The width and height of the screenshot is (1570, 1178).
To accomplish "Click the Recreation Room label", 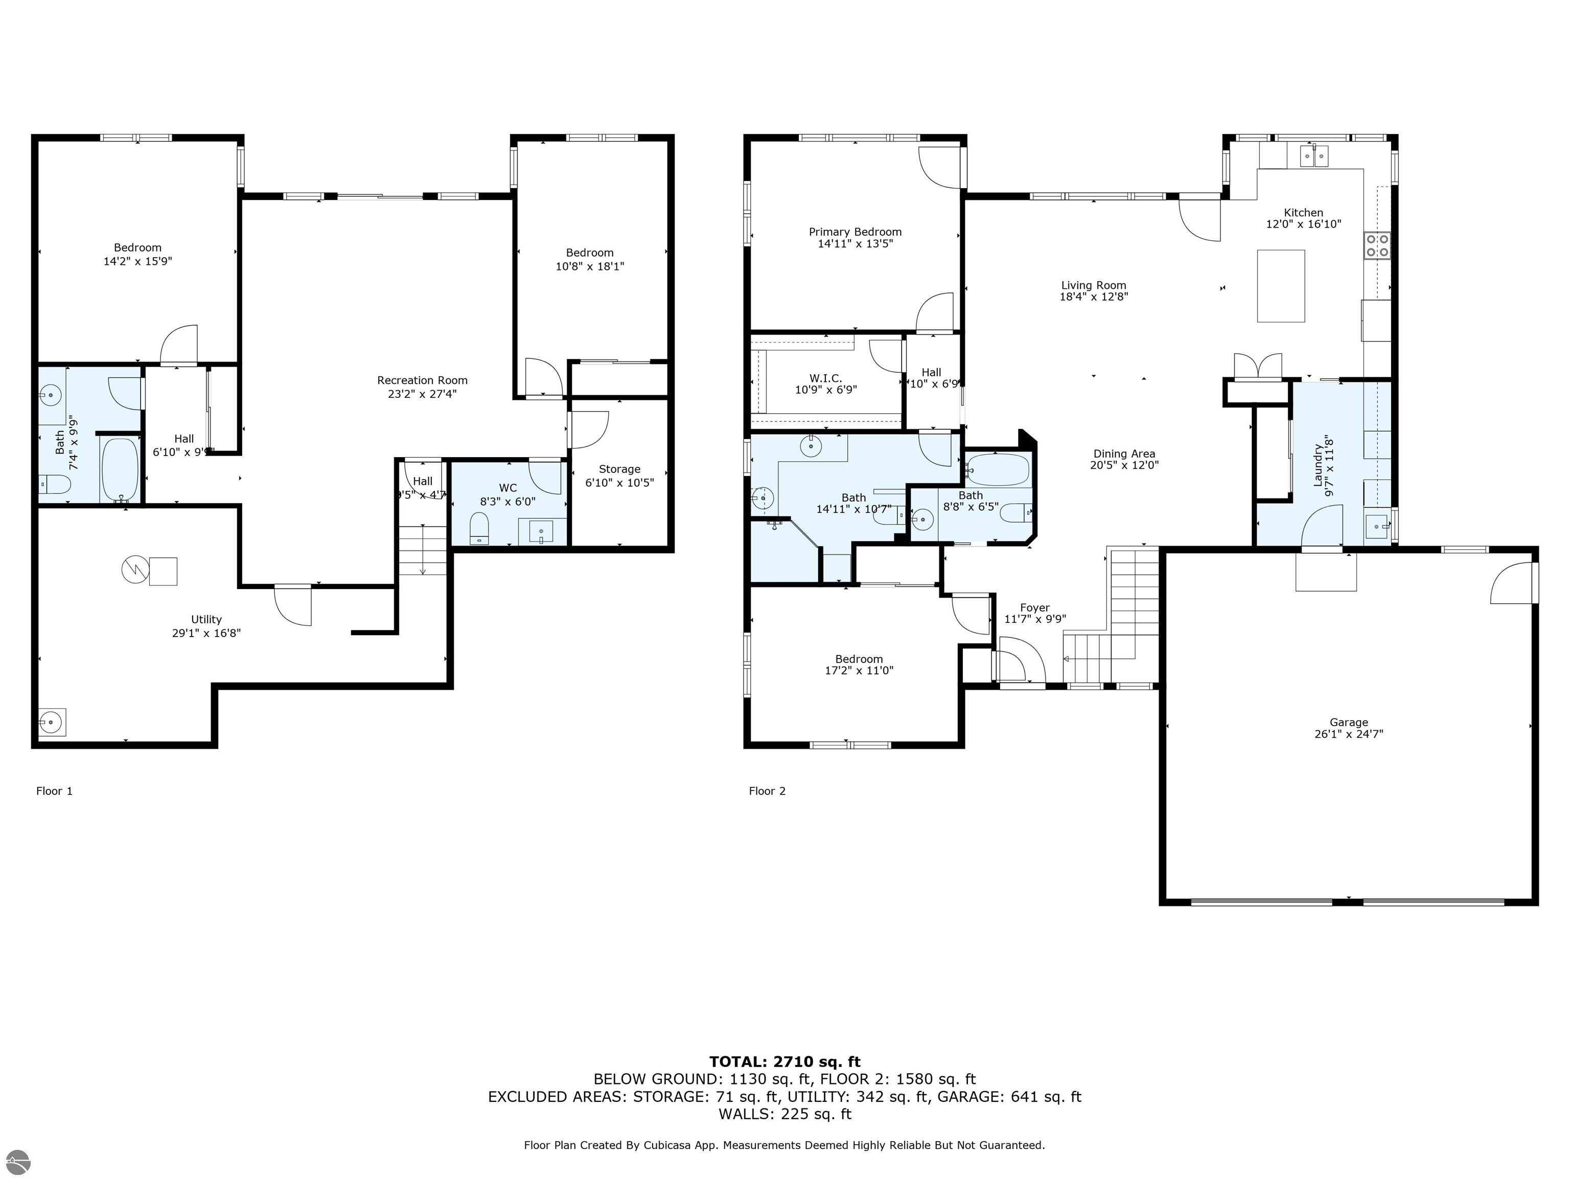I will [x=422, y=380].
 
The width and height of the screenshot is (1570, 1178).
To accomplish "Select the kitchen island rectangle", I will [x=1280, y=285].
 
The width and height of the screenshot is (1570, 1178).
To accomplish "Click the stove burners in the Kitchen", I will [x=1376, y=246].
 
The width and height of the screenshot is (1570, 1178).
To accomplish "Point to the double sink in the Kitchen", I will [x=1314, y=155].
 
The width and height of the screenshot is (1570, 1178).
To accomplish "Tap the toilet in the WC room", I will [x=480, y=528].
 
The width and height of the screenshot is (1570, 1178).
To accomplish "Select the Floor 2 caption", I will [x=767, y=791].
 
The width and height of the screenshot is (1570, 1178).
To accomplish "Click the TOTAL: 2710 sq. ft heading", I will [x=784, y=1061].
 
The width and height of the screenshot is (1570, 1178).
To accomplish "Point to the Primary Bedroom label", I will [x=855, y=232].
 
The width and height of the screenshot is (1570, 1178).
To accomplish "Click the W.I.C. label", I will [x=825, y=378].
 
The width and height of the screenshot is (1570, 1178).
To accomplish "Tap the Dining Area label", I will [x=1123, y=454].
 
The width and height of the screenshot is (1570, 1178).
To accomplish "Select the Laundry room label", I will [x=1318, y=465].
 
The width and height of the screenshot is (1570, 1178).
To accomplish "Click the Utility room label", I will [x=206, y=620].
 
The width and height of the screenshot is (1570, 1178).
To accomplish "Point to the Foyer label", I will [x=1034, y=608].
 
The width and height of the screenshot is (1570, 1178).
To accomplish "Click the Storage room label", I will [x=619, y=469].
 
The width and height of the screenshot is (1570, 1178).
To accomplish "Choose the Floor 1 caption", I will [x=54, y=791].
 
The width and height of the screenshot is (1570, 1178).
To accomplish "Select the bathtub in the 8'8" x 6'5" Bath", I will [x=997, y=470].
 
